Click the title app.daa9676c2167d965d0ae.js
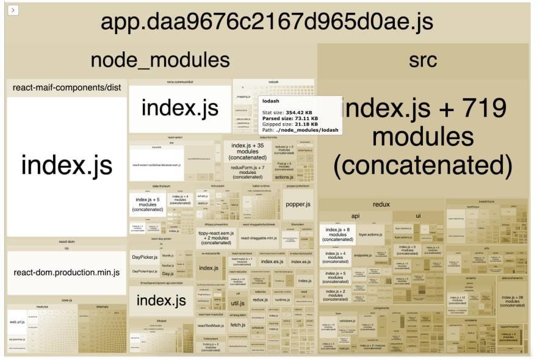coord(267,22)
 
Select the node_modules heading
coord(160,60)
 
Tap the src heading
coord(423,60)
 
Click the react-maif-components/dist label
coord(67,88)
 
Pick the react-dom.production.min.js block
coord(67,272)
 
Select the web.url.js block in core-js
coord(17,321)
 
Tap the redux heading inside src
coord(381,204)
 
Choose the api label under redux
coord(355,216)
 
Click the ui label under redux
coord(418,216)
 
